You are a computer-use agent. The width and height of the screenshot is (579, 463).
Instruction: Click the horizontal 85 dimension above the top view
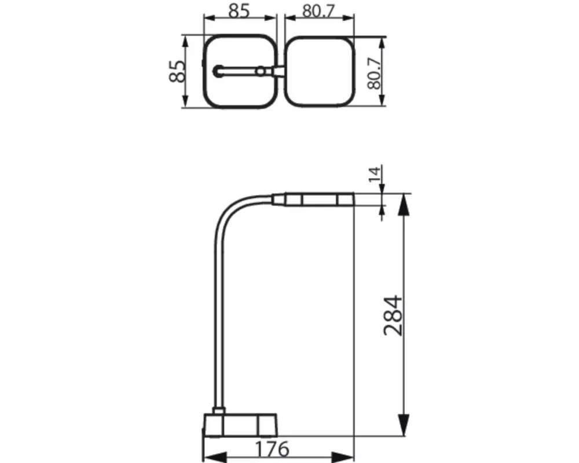[x=239, y=10]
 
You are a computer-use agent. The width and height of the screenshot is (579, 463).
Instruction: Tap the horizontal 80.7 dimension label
[x=318, y=11]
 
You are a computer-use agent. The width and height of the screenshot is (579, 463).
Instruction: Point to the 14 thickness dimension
[x=374, y=174]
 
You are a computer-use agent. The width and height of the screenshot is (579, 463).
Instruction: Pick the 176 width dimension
[x=272, y=449]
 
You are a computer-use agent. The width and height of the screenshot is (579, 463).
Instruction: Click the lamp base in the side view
[x=240, y=425]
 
